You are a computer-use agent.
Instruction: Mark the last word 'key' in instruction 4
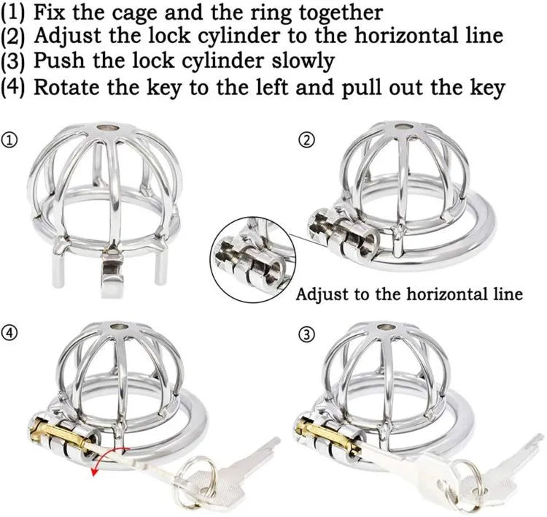486,88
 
